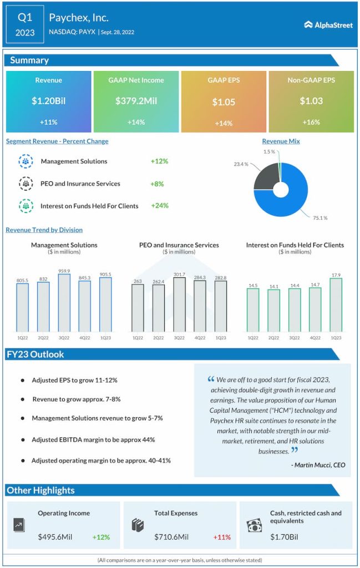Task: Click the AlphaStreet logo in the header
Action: [328, 24]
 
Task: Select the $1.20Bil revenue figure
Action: [48, 101]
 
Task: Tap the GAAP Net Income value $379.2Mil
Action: [136, 101]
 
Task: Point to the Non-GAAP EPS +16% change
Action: [311, 122]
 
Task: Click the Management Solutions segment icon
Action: [26, 161]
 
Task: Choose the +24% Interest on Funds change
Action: [159, 206]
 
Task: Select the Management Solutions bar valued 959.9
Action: [64, 302]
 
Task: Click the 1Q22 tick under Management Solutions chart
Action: [22, 338]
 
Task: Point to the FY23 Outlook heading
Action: [36, 354]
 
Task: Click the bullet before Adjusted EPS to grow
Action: [22, 381]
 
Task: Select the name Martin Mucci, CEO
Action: [318, 465]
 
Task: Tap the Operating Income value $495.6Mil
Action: [58, 537]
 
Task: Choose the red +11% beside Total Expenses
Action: [222, 537]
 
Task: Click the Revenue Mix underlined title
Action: [281, 141]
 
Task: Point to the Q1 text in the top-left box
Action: [24, 18]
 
